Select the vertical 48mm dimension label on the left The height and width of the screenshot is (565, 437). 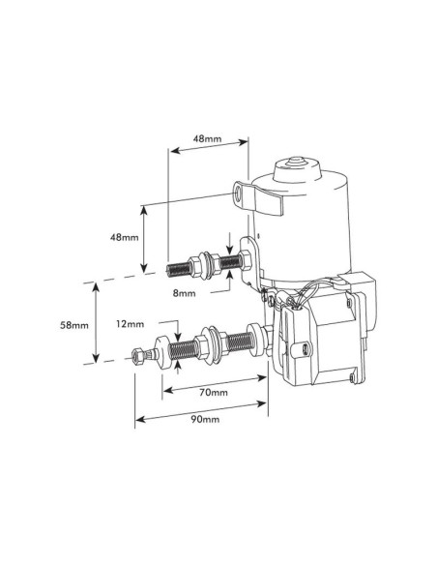coord(124,237)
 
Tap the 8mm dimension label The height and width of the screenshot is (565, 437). coord(186,291)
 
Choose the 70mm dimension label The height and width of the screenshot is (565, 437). coord(214,393)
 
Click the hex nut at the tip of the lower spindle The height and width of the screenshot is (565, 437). coord(141,356)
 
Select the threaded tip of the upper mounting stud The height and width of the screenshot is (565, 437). coord(178,266)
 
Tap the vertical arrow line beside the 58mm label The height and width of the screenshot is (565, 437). coord(95,325)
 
